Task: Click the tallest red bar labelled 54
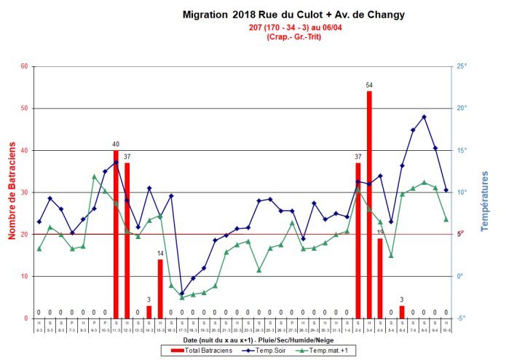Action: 369,205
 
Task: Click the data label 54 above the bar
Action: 369,85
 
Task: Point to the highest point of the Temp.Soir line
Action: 424,117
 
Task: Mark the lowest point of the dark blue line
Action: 182,294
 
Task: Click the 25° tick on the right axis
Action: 461,66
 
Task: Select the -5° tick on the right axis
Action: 461,318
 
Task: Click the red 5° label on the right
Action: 460,233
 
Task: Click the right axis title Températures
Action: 485,201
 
